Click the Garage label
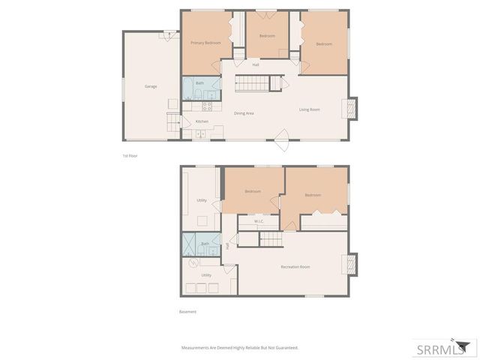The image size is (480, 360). (x=151, y=86)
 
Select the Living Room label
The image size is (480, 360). (x=309, y=109)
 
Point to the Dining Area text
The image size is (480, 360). (x=244, y=113)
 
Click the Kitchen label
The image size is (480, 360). (x=202, y=121)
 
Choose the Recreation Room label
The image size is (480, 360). (x=295, y=267)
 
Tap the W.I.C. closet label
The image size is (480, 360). (x=258, y=221)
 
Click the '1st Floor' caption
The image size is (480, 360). (x=130, y=156)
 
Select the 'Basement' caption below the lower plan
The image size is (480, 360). (x=187, y=311)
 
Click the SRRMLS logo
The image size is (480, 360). (x=444, y=348)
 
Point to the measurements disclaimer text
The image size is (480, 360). (x=240, y=348)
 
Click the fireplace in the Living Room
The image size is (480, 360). (x=351, y=109)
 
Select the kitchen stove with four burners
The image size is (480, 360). (x=207, y=106)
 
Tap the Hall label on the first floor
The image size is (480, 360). (x=256, y=64)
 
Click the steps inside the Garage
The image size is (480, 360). (x=174, y=122)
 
